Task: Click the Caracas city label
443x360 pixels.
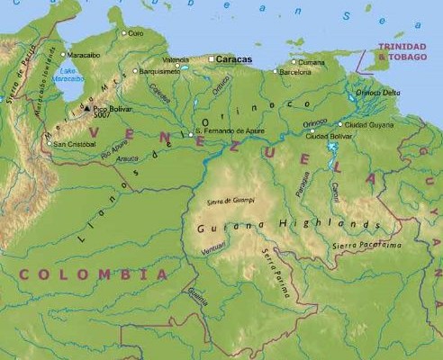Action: (x=234, y=59)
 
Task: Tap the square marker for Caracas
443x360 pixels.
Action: (x=212, y=59)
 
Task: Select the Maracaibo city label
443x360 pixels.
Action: (x=84, y=55)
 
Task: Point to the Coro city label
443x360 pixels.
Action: (x=135, y=33)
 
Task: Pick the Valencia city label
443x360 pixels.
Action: (x=175, y=59)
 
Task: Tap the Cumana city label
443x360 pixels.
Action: (x=312, y=62)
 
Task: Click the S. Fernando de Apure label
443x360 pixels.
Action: (x=231, y=131)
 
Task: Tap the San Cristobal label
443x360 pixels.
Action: (x=74, y=143)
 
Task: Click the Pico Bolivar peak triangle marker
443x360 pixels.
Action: (x=86, y=110)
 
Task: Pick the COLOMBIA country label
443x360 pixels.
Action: (x=94, y=274)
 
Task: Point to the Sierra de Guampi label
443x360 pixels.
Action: (x=231, y=201)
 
